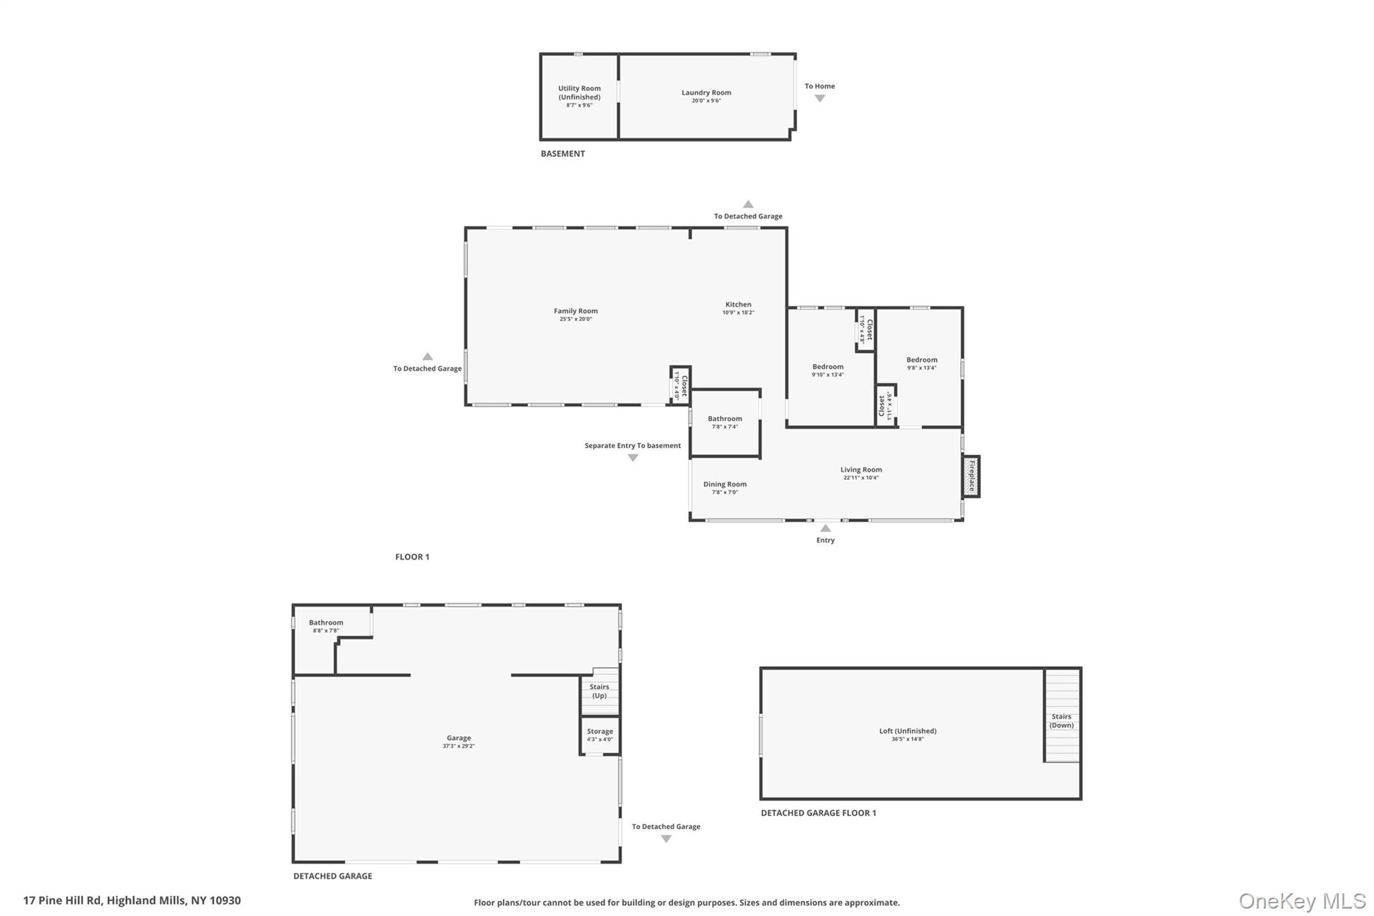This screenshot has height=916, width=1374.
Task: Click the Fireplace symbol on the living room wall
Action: (x=971, y=476)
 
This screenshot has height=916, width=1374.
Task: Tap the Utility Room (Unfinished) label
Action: (x=579, y=93)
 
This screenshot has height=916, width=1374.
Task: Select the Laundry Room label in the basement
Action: (x=706, y=93)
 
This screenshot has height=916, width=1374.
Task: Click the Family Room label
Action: (x=575, y=311)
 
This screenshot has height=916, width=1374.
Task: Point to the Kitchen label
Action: (x=738, y=305)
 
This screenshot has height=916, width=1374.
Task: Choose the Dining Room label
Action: (x=725, y=484)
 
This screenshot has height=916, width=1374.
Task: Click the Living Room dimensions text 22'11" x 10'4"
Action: (x=861, y=478)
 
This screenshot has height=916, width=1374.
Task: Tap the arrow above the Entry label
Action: (x=825, y=528)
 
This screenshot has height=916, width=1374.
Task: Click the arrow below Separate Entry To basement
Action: (x=633, y=458)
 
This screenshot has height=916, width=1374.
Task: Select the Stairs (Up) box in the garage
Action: (x=599, y=691)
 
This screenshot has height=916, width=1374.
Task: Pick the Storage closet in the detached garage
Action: (x=599, y=735)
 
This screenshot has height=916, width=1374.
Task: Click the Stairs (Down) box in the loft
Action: (x=1061, y=721)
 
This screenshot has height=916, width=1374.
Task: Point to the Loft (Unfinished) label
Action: (x=908, y=731)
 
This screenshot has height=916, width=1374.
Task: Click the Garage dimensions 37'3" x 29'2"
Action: (x=458, y=746)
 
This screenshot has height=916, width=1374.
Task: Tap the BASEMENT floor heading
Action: (x=562, y=154)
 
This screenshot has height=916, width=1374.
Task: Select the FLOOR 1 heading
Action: (x=412, y=556)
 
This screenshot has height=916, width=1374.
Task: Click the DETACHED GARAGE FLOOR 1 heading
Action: (x=818, y=813)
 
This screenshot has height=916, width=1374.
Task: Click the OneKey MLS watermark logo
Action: (x=1302, y=901)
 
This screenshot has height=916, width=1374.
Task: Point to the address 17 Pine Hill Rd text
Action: (x=131, y=901)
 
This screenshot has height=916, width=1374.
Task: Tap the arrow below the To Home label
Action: (x=819, y=99)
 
